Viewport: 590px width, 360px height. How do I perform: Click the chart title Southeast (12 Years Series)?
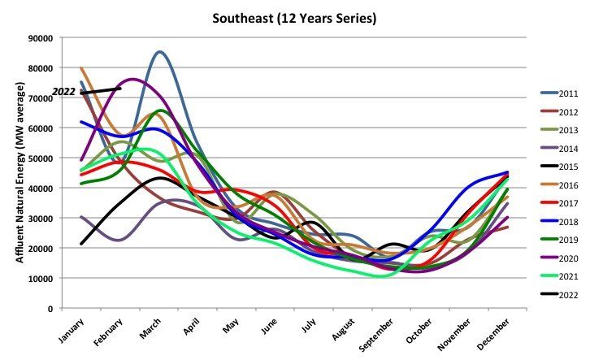pyautogui.click(x=294, y=16)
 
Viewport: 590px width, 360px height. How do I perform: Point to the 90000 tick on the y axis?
pyautogui.click(x=40, y=38)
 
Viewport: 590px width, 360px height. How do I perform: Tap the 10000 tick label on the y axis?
pyautogui.click(x=40, y=279)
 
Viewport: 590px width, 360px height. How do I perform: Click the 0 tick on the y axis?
pyautogui.click(x=50, y=309)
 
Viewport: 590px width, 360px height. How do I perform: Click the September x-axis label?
pyautogui.click(x=379, y=332)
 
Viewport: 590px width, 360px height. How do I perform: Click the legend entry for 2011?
pyautogui.click(x=557, y=94)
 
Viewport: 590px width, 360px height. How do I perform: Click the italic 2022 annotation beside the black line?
pyautogui.click(x=64, y=93)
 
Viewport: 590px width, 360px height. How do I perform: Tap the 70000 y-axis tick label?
pyautogui.click(x=40, y=98)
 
